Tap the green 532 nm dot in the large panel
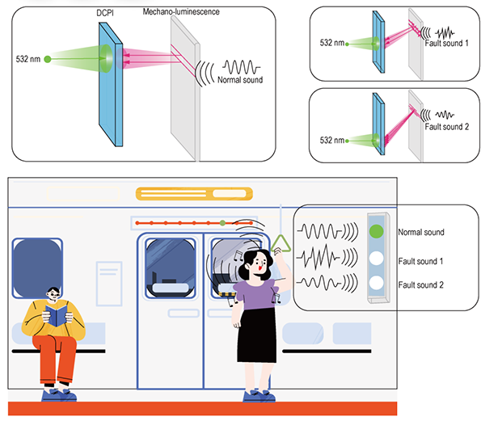pos(48,58)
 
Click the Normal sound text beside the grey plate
pos(240,80)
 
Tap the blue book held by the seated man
pos(56,316)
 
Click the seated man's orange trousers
pos(57,356)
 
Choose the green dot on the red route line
pos(221,221)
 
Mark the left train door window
pos(169,267)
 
